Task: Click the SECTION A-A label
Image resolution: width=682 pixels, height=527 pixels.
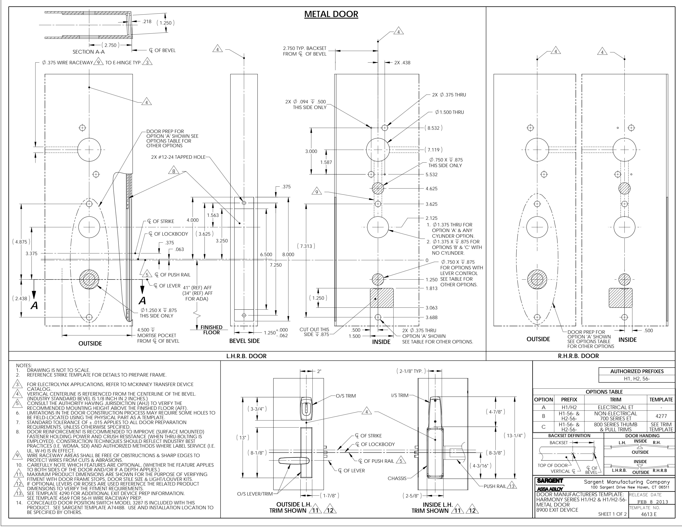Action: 89,52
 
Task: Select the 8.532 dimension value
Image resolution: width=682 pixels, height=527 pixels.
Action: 433,128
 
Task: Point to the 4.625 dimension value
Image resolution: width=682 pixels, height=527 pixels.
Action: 432,189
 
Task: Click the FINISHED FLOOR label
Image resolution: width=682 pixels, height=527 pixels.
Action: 211,330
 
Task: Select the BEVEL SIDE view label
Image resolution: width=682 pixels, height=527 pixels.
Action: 244,341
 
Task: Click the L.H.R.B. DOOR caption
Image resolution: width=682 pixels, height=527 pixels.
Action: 246,356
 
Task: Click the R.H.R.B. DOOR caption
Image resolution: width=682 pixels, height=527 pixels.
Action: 578,356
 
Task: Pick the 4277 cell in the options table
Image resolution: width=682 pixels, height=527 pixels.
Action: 661,416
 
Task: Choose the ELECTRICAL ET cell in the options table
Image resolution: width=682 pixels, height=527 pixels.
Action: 611,407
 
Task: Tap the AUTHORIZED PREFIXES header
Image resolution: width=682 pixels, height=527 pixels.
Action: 637,371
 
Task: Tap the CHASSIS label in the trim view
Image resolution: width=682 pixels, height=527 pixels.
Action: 397,478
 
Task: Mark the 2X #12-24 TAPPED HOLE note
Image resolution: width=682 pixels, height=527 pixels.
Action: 178,157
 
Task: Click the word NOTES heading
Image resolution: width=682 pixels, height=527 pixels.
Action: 24,365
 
